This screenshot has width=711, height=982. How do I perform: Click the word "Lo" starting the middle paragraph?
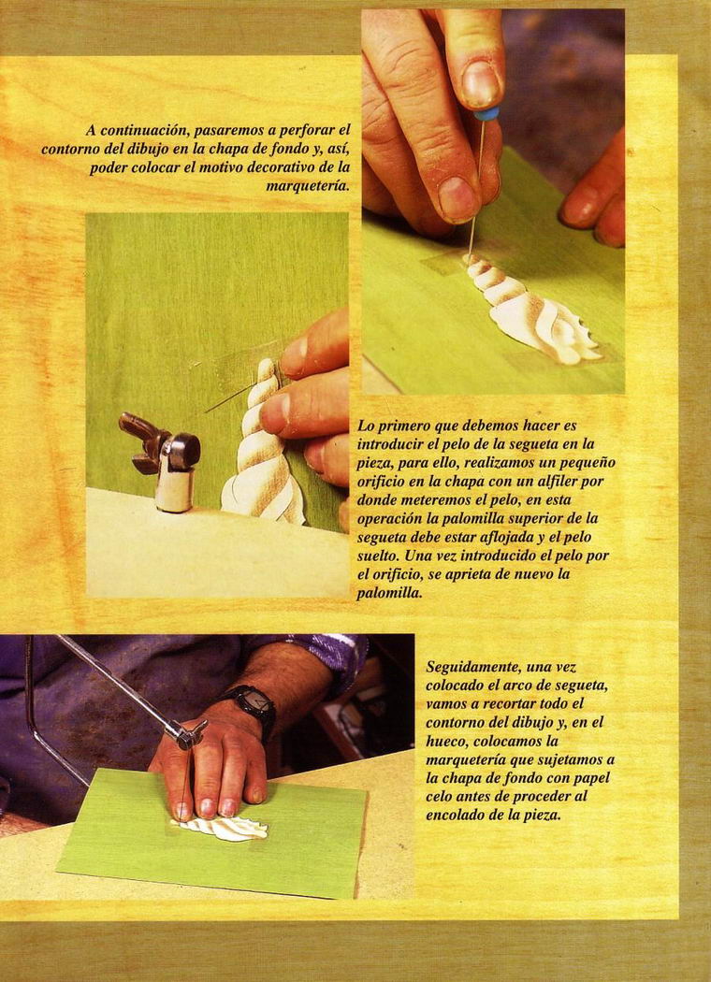coord(365,426)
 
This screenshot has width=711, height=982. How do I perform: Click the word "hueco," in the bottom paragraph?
coord(446,743)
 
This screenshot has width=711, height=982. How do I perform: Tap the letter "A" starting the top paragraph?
coord(91,132)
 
